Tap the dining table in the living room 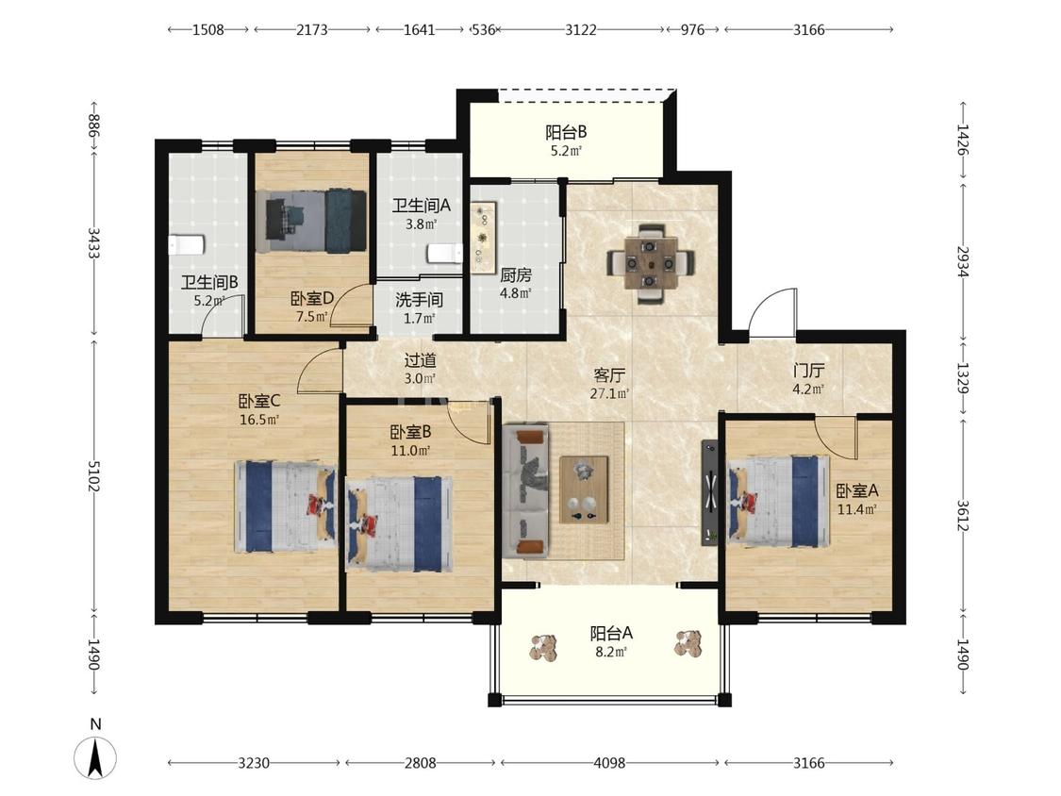[x=650, y=263]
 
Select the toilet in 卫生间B [x=187, y=244]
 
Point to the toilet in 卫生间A [x=444, y=254]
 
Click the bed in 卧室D [x=311, y=222]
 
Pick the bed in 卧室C [x=286, y=506]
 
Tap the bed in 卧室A [x=778, y=501]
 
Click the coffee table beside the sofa [x=583, y=489]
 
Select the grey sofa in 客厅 [x=525, y=491]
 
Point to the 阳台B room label [x=566, y=132]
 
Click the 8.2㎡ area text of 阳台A [x=608, y=652]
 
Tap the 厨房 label [x=516, y=274]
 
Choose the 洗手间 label [x=419, y=299]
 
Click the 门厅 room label [x=808, y=371]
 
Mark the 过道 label [x=420, y=360]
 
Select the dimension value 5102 [x=93, y=476]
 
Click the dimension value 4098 [x=609, y=763]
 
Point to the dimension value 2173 [x=312, y=30]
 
